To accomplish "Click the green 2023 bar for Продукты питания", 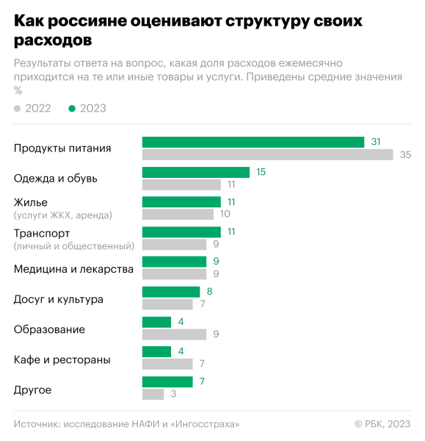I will click(253, 142).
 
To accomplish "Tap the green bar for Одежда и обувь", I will click(195, 172).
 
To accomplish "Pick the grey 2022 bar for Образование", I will click(174, 334).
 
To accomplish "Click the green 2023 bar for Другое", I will click(167, 381).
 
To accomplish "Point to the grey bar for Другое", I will click(153, 394).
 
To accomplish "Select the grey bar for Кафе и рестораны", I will click(167, 364).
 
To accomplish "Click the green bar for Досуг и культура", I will click(170, 292).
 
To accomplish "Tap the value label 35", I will click(405, 154).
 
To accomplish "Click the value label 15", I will click(261, 172).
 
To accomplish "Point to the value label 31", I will click(376, 142).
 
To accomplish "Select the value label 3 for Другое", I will click(173, 394).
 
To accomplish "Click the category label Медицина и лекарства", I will click(73, 269).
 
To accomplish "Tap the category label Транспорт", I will click(42, 233).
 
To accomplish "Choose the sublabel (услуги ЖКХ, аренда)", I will click(63, 215).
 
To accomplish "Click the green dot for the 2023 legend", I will click(72, 109).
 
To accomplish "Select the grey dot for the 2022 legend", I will click(18, 109).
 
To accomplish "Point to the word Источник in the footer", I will click(36, 424).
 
